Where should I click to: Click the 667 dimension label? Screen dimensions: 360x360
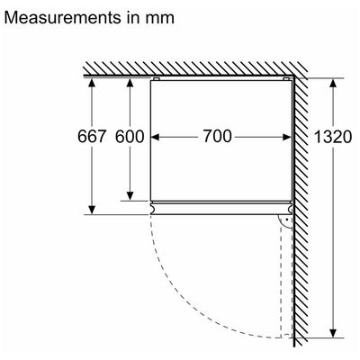click(92, 137)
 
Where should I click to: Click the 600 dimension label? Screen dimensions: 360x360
click(130, 137)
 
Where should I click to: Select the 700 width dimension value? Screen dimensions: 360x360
click(218, 136)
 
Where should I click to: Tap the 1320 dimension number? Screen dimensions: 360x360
click(333, 137)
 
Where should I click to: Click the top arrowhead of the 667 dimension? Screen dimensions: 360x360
click(92, 83)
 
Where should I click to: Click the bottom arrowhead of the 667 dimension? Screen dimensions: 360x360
click(92, 210)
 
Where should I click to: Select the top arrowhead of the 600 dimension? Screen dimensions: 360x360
click(130, 83)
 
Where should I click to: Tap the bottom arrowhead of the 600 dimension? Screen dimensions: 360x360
click(130, 195)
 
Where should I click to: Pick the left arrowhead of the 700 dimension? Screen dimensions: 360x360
click(155, 137)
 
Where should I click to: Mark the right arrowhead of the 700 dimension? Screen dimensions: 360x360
click(286, 137)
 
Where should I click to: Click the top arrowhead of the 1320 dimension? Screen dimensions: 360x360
click(333, 83)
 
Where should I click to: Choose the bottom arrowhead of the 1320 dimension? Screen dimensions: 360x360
click(333, 333)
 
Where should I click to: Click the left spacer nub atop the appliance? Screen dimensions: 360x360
click(156, 79)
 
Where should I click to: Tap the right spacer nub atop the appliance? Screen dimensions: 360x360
click(286, 79)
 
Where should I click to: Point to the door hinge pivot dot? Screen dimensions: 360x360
click(287, 220)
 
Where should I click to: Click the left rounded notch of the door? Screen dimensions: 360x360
click(152, 207)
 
